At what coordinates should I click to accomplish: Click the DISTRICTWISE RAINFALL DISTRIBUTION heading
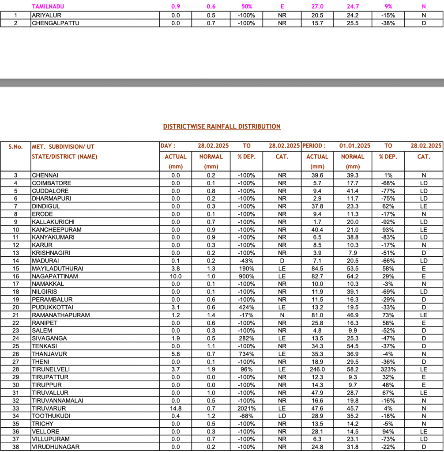pyautogui.click(x=222, y=126)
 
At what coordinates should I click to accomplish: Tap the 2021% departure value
pyautogui.click(x=246, y=408)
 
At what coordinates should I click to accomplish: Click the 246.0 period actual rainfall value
pyautogui.click(x=317, y=369)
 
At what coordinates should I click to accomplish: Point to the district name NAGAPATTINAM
pyautogui.click(x=54, y=276)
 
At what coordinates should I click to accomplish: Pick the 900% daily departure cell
pyautogui.click(x=246, y=276)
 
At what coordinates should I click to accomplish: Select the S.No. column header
pyautogui.click(x=15, y=146)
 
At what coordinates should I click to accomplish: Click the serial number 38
pyautogui.click(x=15, y=447)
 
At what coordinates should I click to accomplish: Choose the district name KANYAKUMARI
pyautogui.click(x=53, y=237)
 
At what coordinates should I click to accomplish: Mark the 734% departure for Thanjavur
pyautogui.click(x=246, y=354)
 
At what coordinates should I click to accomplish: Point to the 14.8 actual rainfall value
pyautogui.click(x=176, y=408)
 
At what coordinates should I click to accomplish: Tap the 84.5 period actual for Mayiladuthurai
pyautogui.click(x=317, y=268)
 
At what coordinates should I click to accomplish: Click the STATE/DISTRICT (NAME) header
pyautogui.click(x=64, y=156)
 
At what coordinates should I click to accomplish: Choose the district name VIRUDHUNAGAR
pyautogui.click(x=55, y=447)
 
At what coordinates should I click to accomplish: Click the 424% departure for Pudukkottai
pyautogui.click(x=246, y=307)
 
